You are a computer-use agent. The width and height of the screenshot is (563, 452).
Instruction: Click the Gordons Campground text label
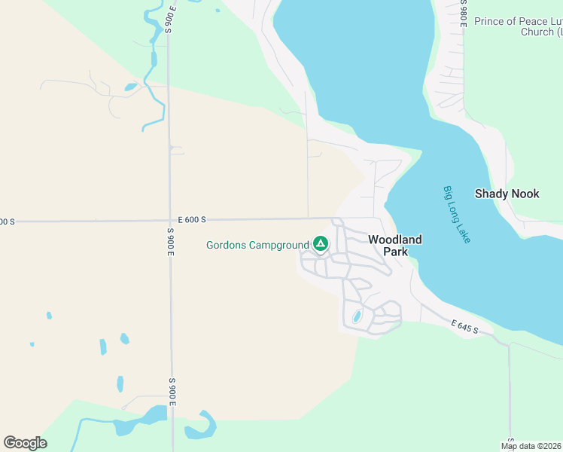[257, 245]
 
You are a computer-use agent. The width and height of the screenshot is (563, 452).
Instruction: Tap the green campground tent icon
[321, 244]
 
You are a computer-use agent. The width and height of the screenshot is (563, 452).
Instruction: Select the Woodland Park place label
[394, 246]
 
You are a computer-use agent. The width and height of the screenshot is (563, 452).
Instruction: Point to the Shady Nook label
[507, 194]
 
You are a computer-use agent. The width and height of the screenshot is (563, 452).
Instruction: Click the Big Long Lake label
[457, 215]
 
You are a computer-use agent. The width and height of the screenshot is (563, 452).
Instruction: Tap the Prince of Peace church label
[519, 26]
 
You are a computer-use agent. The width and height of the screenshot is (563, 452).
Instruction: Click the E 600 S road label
[192, 220]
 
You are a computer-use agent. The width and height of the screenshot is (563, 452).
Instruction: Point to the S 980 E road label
[463, 14]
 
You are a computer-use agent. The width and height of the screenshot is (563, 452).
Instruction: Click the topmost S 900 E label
[171, 19]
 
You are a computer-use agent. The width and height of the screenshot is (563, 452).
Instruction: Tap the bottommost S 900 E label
[172, 392]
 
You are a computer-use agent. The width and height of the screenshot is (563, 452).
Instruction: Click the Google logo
[25, 443]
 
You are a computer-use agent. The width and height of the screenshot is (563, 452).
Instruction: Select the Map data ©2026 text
[531, 446]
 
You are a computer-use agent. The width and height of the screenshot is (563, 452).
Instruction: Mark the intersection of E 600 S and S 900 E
[170, 221]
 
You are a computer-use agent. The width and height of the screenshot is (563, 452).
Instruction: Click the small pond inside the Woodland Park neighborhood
[357, 316]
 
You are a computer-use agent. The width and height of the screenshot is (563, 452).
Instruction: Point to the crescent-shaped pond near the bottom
[202, 426]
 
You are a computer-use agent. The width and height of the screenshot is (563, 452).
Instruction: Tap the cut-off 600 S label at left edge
[7, 222]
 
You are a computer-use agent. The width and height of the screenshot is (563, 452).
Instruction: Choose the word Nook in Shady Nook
[525, 194]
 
